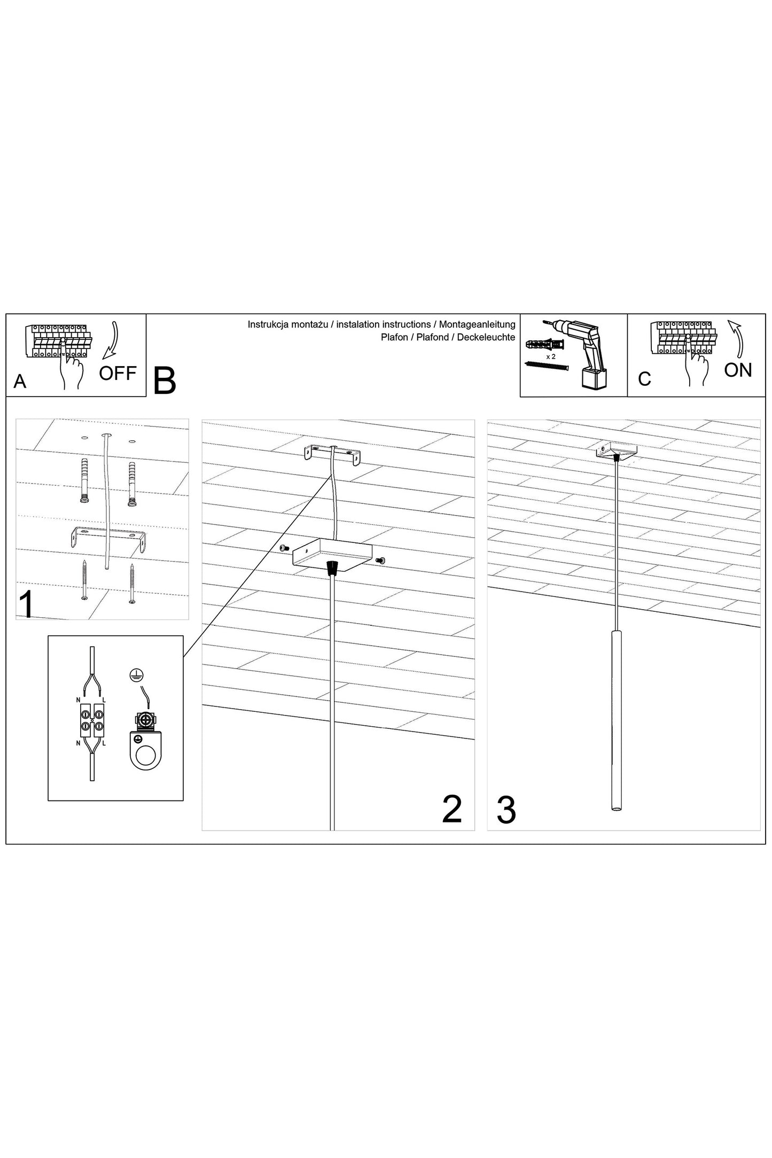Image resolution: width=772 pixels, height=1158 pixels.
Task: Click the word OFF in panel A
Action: pos(118,372)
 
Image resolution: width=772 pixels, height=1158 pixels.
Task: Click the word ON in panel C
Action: pos(738,370)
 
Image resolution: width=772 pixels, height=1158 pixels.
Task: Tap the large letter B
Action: pos(165,381)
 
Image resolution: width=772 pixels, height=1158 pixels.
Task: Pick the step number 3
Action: pos(506,810)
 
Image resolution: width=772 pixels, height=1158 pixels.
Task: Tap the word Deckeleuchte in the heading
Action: pos(486,337)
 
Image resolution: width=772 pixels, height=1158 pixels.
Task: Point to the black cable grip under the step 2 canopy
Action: pos(333,567)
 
